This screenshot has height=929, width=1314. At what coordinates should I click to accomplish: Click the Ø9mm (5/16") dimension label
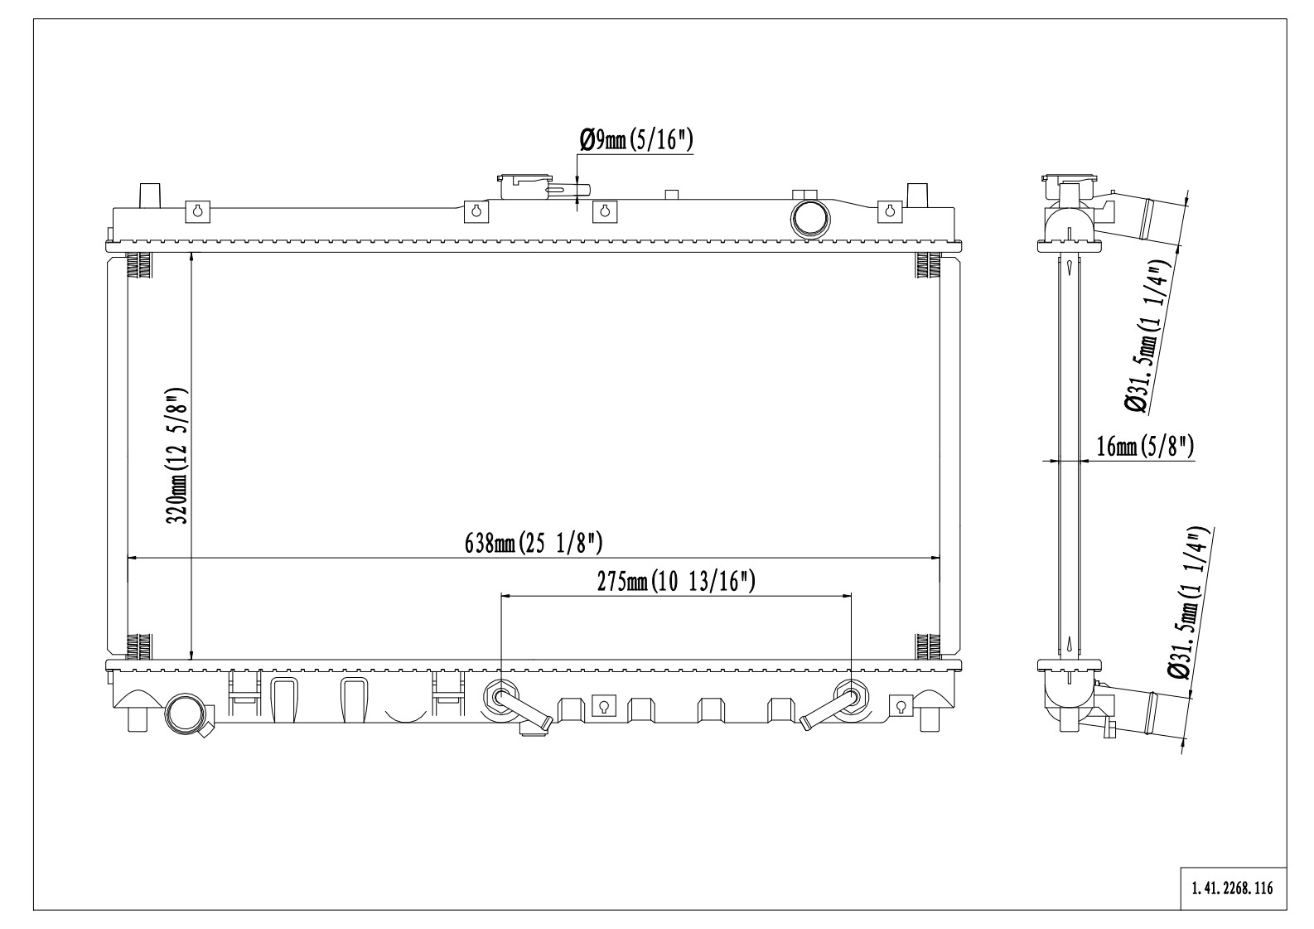(636, 141)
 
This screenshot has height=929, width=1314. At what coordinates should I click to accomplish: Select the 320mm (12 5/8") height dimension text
(176, 456)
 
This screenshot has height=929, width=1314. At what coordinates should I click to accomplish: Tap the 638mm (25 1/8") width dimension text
(534, 543)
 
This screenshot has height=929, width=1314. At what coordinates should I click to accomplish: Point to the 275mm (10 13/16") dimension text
(676, 581)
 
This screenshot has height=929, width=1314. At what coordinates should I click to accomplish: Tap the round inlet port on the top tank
(810, 220)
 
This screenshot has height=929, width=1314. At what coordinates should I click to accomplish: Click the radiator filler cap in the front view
(524, 187)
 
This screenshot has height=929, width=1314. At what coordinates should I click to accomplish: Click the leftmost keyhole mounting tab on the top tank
(198, 212)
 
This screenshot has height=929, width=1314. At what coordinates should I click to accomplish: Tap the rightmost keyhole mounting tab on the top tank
(889, 212)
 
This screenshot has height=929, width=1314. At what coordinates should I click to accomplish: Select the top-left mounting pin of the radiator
(149, 196)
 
